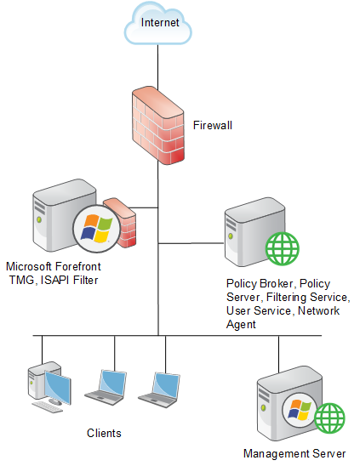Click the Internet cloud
tap(157, 24)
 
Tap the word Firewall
tap(213, 125)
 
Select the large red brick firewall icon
tap(158, 125)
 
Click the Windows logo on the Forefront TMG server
tap(97, 228)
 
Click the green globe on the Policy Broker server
tap(283, 248)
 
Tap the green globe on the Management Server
tap(329, 418)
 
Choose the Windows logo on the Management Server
tap(300, 410)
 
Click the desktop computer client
tap(49, 386)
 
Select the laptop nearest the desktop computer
tap(105, 387)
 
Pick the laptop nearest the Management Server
tap(159, 390)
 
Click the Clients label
tap(104, 433)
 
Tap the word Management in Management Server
tap(276, 454)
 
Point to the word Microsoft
tap(29, 266)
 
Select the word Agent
tap(241, 325)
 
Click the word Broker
tap(277, 283)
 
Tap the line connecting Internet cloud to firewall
tap(157, 67)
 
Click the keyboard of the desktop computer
tap(48, 407)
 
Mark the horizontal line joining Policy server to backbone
tap(191, 243)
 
